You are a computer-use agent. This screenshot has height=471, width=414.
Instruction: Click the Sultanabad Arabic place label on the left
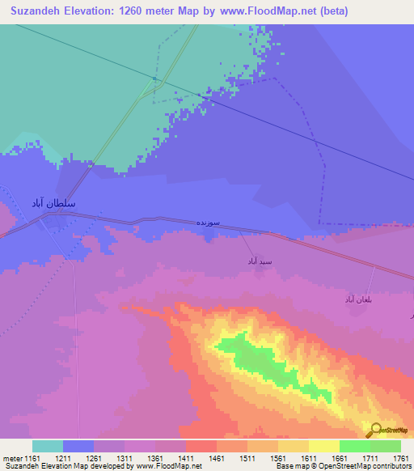[x=53, y=203]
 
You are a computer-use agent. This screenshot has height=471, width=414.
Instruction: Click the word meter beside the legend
[x=14, y=458]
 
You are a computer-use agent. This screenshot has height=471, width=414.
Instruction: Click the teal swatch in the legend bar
[x=48, y=446]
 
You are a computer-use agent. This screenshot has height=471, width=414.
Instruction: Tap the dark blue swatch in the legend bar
[x=78, y=446]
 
